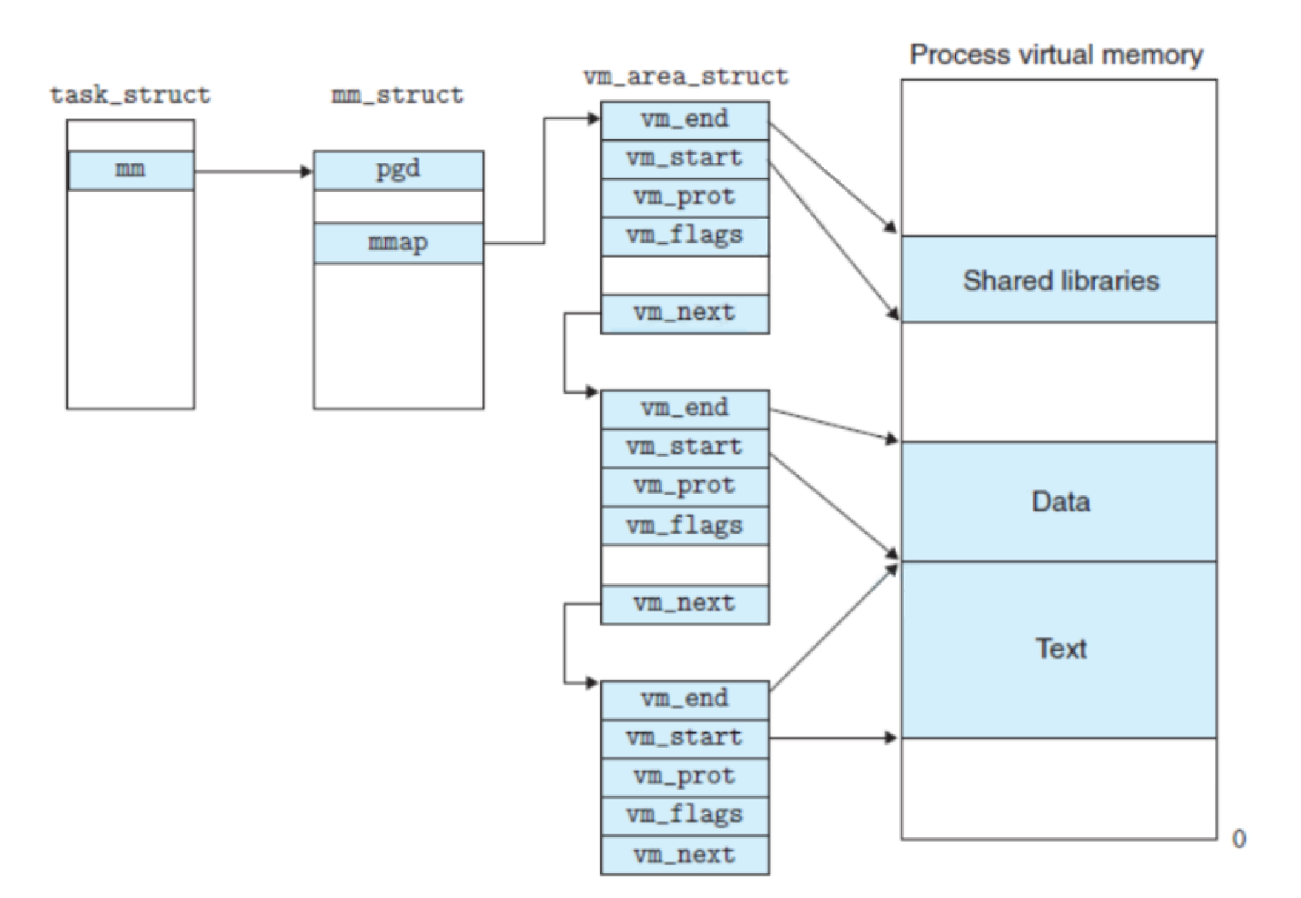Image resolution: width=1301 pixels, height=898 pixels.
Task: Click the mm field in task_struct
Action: [x=130, y=170]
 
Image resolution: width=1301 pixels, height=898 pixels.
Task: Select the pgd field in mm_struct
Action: [x=398, y=170]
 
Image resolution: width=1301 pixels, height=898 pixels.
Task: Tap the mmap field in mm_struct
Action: [x=398, y=243]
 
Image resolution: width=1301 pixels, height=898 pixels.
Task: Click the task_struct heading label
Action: [x=130, y=95]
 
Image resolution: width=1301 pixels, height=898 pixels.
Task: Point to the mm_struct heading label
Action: [x=397, y=95]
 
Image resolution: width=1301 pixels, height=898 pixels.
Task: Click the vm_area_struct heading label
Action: [x=685, y=77]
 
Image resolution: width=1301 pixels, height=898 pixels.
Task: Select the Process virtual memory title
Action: [x=1056, y=55]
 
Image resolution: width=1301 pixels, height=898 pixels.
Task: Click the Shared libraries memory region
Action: [x=1060, y=280]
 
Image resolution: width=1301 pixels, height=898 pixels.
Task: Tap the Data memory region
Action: [x=1060, y=502]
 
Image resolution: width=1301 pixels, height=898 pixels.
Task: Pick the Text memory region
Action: [x=1060, y=649]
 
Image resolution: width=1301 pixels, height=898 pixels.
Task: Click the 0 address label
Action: [x=1239, y=839]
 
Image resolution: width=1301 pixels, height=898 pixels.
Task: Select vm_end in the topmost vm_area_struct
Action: [x=685, y=120]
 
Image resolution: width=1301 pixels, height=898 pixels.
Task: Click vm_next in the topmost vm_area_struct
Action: [x=685, y=313]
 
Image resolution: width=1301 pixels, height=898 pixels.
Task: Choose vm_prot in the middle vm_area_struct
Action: [x=685, y=487]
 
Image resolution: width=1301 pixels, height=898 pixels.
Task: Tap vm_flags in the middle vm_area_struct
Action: [x=685, y=526]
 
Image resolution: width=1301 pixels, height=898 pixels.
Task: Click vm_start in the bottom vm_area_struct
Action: [x=685, y=737]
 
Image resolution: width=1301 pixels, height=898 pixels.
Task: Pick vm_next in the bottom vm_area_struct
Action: [x=685, y=855]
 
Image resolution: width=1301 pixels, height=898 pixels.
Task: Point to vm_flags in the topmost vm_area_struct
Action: [x=685, y=236]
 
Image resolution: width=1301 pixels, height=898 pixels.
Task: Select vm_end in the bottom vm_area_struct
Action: [x=685, y=699]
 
